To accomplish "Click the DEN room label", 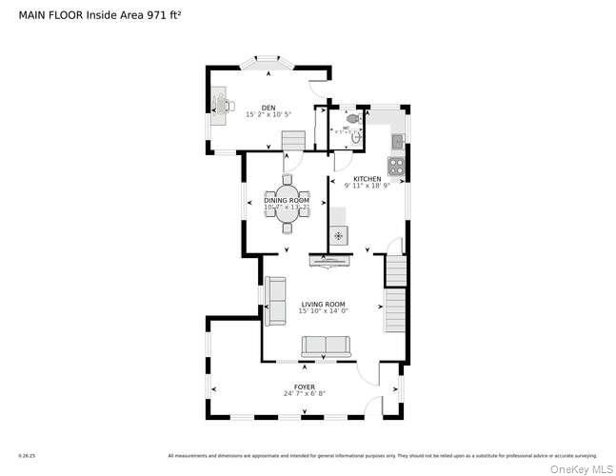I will [x=268, y=108].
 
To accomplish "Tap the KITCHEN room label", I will [x=368, y=179].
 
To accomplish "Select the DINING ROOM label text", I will [x=287, y=200].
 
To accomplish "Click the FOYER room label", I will [x=305, y=387].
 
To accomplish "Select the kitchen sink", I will [x=398, y=141].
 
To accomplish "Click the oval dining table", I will [x=288, y=210].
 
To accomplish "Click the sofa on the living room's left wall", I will [x=274, y=301].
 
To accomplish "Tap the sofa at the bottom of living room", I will [x=326, y=347].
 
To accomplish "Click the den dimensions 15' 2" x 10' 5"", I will [x=268, y=114].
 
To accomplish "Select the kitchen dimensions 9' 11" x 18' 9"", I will [x=368, y=186].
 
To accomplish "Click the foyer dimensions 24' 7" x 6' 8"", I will [x=305, y=394].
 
